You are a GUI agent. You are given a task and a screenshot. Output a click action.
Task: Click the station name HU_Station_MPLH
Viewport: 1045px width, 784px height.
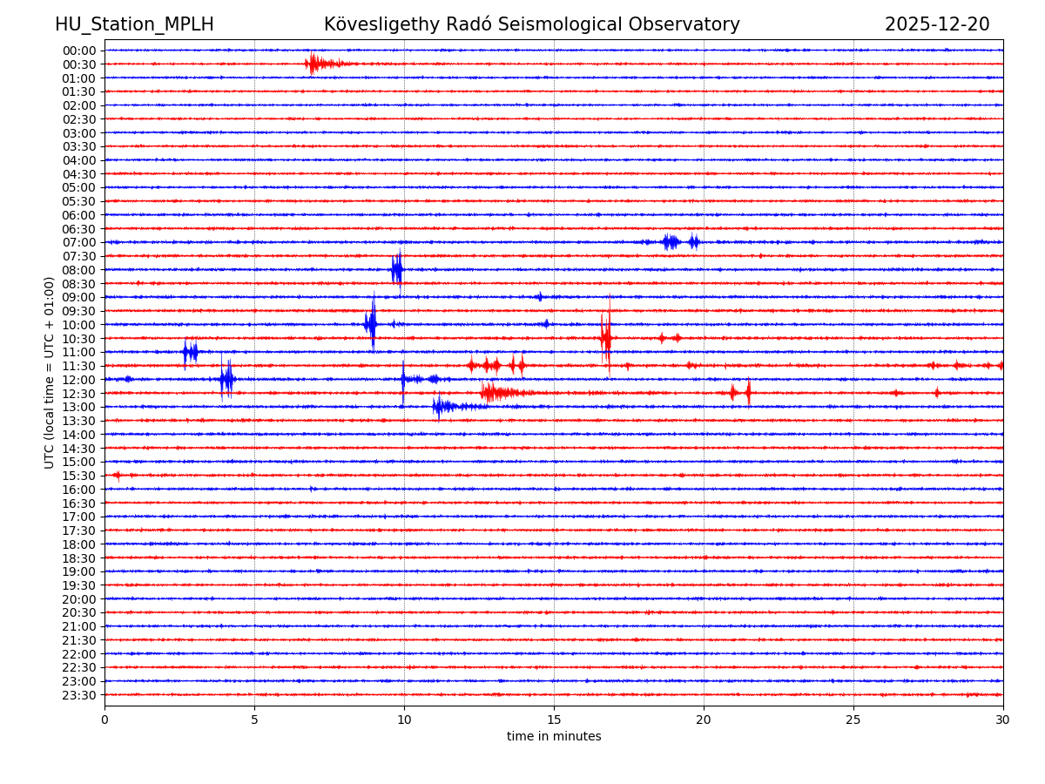tap(134, 24)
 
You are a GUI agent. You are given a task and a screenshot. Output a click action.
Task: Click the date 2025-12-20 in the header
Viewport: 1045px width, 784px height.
tap(937, 24)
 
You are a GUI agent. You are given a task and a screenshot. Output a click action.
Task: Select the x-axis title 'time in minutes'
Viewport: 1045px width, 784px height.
tap(554, 737)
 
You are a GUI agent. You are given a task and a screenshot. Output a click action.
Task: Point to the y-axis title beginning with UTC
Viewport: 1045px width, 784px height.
tap(50, 372)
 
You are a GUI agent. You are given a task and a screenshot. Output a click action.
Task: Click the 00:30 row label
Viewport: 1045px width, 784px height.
tap(79, 64)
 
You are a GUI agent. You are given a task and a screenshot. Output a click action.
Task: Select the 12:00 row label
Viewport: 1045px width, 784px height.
tap(79, 380)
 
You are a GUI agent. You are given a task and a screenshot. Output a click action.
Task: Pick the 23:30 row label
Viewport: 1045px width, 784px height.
tap(79, 695)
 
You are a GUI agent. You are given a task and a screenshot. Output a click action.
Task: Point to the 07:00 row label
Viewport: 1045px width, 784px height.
tap(79, 242)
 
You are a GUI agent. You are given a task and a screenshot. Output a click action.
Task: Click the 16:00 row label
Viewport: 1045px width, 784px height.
tap(79, 490)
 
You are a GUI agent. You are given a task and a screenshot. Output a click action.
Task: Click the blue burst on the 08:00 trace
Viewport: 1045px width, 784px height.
tap(397, 269)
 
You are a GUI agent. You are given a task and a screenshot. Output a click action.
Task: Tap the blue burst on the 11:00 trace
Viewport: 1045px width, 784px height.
tap(190, 352)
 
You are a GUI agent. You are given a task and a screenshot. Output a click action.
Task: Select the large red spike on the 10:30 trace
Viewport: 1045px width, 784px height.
tap(606, 338)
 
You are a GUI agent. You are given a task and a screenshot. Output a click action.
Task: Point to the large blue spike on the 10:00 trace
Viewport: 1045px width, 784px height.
tap(372, 324)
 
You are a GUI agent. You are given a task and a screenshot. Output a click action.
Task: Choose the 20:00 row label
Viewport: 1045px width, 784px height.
tap(79, 599)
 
